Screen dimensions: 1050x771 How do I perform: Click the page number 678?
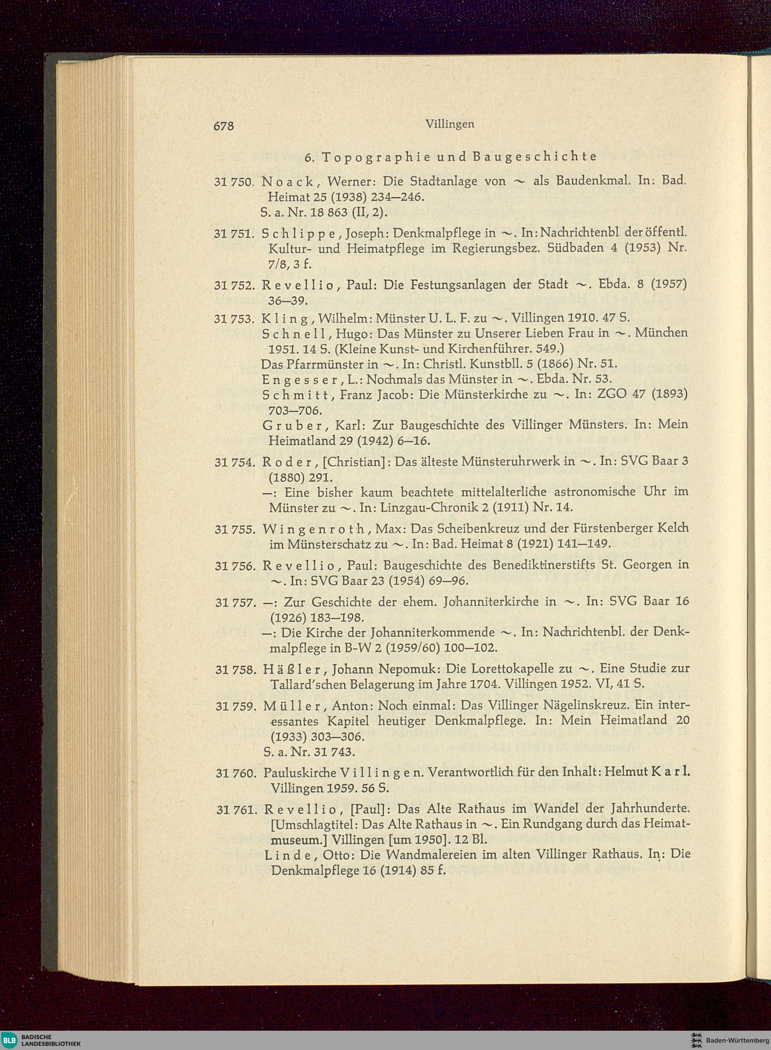(x=223, y=126)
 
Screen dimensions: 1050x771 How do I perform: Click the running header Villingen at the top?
(x=450, y=124)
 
